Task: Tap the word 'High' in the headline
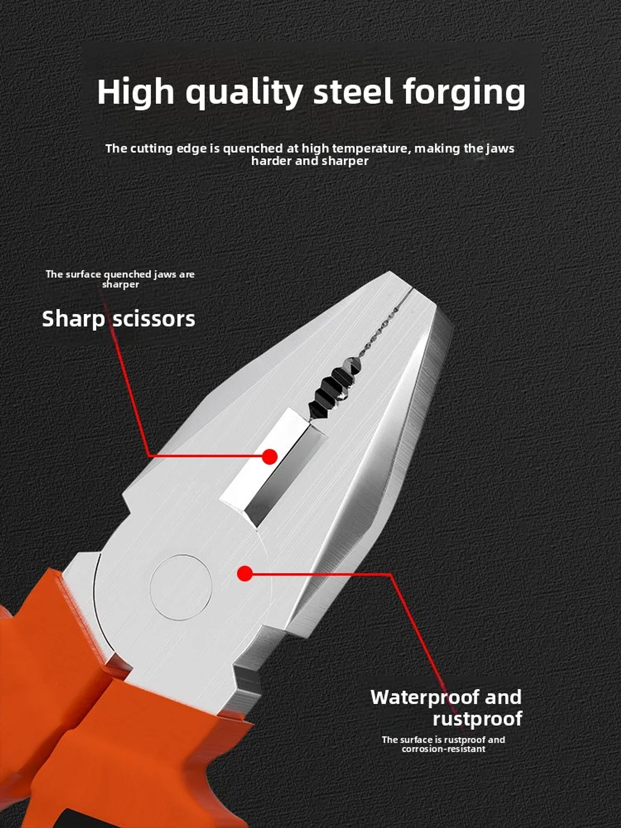(135, 92)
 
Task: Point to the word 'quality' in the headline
(244, 92)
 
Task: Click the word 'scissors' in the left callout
(154, 320)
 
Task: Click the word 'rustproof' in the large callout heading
(477, 719)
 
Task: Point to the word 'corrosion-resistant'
(443, 749)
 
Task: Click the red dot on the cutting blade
(270, 457)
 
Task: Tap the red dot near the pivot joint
(245, 574)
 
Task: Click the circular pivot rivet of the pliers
(181, 587)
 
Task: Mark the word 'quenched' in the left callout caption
(127, 274)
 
